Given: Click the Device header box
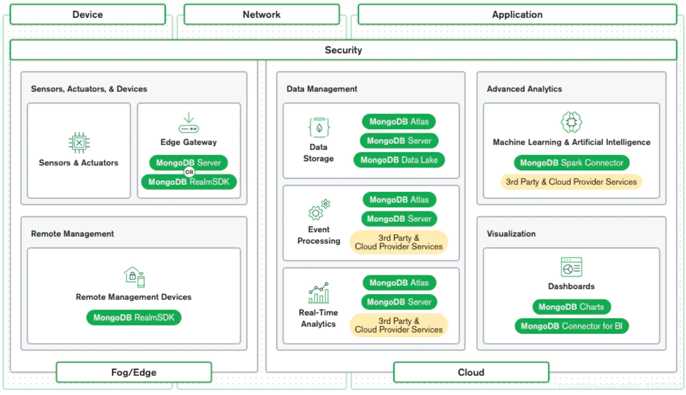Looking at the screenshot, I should click(x=87, y=15).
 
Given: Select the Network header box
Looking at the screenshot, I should click(x=261, y=15).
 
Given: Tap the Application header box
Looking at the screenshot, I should click(x=517, y=15).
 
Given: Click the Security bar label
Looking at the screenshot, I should click(x=343, y=50).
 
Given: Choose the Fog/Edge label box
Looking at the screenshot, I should click(x=133, y=372).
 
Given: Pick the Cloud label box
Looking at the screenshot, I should click(x=471, y=372).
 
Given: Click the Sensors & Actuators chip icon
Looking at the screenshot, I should click(x=79, y=143).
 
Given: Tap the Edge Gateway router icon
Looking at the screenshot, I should click(x=188, y=123).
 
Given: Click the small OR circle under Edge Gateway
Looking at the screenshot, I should click(x=189, y=172).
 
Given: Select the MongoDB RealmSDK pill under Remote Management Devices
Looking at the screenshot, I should click(x=134, y=318).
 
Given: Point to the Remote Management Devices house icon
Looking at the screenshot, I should click(x=134, y=276).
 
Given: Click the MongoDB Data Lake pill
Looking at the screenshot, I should click(x=399, y=160).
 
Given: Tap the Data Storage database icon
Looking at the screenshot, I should click(x=319, y=128).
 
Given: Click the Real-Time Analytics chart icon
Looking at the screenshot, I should click(x=319, y=293).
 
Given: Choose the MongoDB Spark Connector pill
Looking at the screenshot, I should click(x=571, y=163).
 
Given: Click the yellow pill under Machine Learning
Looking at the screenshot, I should click(x=571, y=182).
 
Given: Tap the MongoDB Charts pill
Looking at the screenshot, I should click(x=571, y=307).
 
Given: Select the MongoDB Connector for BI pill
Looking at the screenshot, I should click(x=571, y=326).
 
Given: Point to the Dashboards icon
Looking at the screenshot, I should click(x=571, y=267).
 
